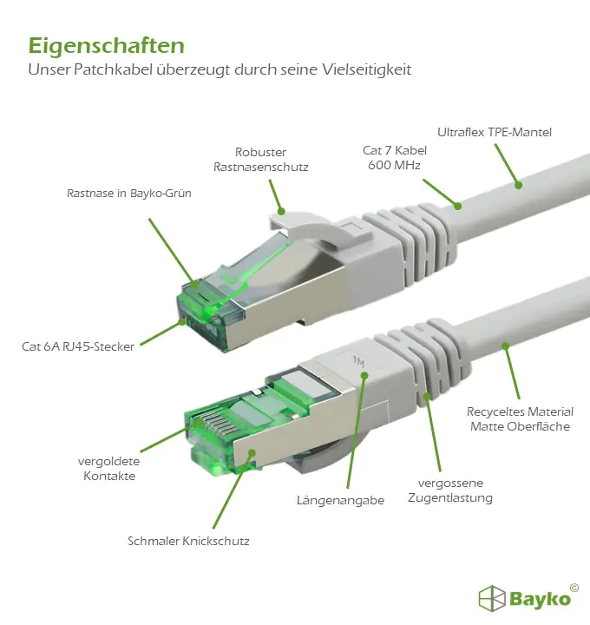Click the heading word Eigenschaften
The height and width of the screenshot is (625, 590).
click(x=107, y=46)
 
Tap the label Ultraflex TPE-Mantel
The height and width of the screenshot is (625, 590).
click(x=495, y=132)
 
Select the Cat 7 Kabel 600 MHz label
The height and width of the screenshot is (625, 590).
click(x=395, y=157)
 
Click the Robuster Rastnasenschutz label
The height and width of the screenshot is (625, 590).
click(x=261, y=160)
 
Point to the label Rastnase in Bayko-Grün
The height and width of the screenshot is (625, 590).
click(x=129, y=194)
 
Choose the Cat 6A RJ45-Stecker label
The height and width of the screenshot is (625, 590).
click(x=78, y=346)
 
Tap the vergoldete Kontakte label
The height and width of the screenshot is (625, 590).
click(x=109, y=469)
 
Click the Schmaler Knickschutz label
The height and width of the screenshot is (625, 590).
click(x=188, y=541)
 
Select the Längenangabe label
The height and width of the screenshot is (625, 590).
click(x=341, y=501)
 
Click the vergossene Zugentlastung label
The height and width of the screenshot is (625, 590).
click(x=450, y=490)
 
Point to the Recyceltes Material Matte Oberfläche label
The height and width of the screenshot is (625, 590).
click(x=520, y=419)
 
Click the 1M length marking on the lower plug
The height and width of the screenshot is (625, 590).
click(x=358, y=361)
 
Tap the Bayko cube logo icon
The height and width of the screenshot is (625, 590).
click(x=492, y=598)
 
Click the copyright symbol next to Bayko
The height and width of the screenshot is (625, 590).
click(x=574, y=588)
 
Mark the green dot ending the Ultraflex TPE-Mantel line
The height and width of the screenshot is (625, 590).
click(x=518, y=185)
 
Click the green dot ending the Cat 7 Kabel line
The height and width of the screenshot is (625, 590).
click(x=458, y=206)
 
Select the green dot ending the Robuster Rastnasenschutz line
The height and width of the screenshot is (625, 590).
click(x=281, y=211)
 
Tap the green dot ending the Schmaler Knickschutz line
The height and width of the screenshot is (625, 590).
click(x=252, y=452)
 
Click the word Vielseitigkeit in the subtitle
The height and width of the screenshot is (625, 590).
click(x=366, y=69)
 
